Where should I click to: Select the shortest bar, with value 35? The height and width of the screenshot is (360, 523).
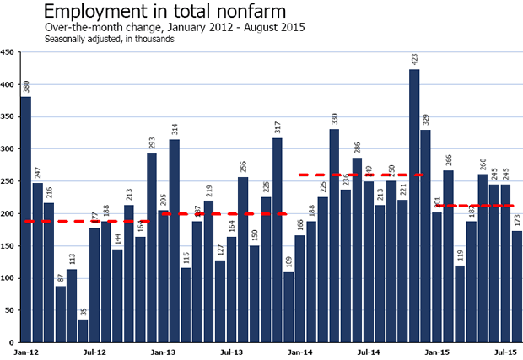tap(83, 330)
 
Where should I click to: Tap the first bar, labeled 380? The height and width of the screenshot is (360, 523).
tap(25, 219)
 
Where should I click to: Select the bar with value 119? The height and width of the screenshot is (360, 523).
tap(460, 304)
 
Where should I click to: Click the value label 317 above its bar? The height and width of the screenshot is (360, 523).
tap(278, 126)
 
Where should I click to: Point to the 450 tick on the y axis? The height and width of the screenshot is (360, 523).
tap(8, 52)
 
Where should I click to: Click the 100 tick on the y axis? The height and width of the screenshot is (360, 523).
tap(8, 278)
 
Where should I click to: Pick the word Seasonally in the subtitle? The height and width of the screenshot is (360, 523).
tap(67, 40)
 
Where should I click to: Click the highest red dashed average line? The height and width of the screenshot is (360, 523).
tap(361, 175)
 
